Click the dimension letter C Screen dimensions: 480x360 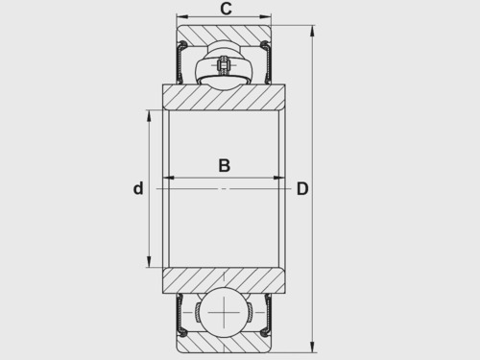[226, 9]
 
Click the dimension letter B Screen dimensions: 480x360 [225, 165]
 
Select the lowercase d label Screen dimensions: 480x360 [138, 188]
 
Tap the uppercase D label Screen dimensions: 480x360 [302, 188]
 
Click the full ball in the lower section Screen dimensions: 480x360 [224, 312]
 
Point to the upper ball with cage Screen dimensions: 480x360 [224, 64]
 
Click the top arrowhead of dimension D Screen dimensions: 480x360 [312, 31]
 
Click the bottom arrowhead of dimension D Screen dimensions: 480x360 [312, 347]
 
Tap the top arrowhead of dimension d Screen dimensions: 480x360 [149, 116]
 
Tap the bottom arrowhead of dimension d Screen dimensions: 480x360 [149, 261]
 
